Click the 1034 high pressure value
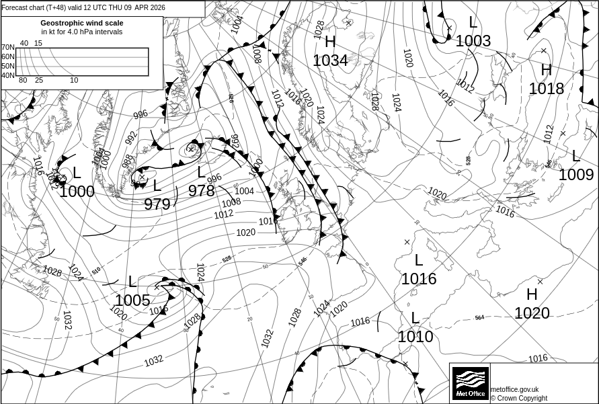[x=330, y=60]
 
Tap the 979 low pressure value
[x=157, y=204]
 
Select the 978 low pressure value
[x=201, y=191]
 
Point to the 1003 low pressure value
[x=473, y=41]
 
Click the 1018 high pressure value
[x=546, y=88]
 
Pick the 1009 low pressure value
[x=576, y=175]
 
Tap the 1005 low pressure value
[x=132, y=300]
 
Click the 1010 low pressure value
[x=415, y=336]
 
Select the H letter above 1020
[x=532, y=294]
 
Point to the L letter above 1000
[x=77, y=173]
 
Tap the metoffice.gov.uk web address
[x=514, y=389]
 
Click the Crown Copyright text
[x=518, y=398]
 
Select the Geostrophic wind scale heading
[x=81, y=22]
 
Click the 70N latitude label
[x=7, y=47]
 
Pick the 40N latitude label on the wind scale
[x=7, y=75]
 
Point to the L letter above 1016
[x=419, y=260]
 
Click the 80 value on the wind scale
[x=23, y=81]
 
